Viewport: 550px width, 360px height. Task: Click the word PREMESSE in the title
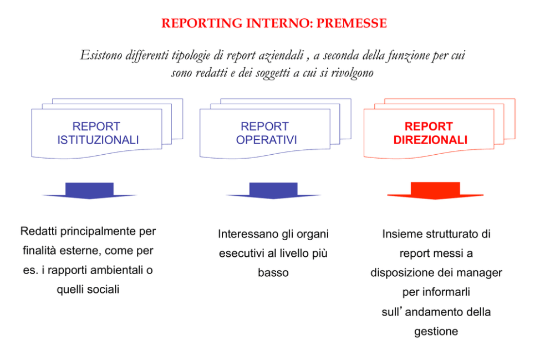tap(352, 23)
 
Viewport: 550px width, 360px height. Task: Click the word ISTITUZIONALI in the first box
tap(98, 140)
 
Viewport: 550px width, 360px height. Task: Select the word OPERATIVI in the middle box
tap(266, 140)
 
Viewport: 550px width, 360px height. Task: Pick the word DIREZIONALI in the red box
tap(430, 140)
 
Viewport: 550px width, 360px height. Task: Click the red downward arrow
tap(435, 190)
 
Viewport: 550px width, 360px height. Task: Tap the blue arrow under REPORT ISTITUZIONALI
tap(89, 190)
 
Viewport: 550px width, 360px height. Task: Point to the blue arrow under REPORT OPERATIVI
tap(273, 190)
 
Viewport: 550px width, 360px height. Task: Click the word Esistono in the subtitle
tap(101, 55)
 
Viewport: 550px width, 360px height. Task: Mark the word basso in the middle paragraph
tap(273, 272)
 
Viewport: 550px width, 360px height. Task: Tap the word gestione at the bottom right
tap(436, 331)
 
